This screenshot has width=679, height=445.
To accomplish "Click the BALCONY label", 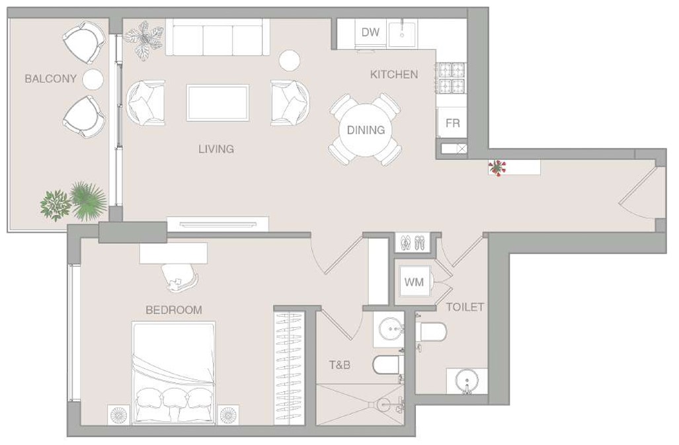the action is [x=51, y=79].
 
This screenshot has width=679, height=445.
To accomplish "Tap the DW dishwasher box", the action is [x=370, y=32].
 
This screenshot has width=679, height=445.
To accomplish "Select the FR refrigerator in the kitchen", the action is [x=452, y=123].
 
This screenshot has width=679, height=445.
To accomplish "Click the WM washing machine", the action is [x=414, y=282].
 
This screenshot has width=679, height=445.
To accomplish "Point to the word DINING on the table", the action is [x=366, y=130].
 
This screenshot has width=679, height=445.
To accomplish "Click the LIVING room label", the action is [x=216, y=149].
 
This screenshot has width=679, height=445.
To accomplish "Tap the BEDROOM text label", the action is [x=174, y=310].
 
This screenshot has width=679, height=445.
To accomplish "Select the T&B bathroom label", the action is [x=340, y=365].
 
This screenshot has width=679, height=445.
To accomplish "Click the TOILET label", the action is [x=465, y=307].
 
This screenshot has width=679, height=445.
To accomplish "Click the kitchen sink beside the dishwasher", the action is [x=402, y=33].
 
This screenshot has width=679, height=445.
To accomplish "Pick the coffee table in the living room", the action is [x=218, y=103].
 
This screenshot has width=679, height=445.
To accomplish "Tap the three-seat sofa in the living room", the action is [x=218, y=37].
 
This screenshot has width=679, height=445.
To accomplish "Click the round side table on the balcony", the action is [x=93, y=79].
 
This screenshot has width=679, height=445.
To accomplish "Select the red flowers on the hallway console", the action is [x=497, y=167].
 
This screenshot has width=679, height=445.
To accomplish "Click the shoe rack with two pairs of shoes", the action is [x=413, y=243].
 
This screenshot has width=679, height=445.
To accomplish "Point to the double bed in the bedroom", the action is [x=174, y=372].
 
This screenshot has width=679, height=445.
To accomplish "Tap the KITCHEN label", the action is [x=394, y=75].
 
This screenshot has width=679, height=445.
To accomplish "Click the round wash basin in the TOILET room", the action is [x=467, y=381].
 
